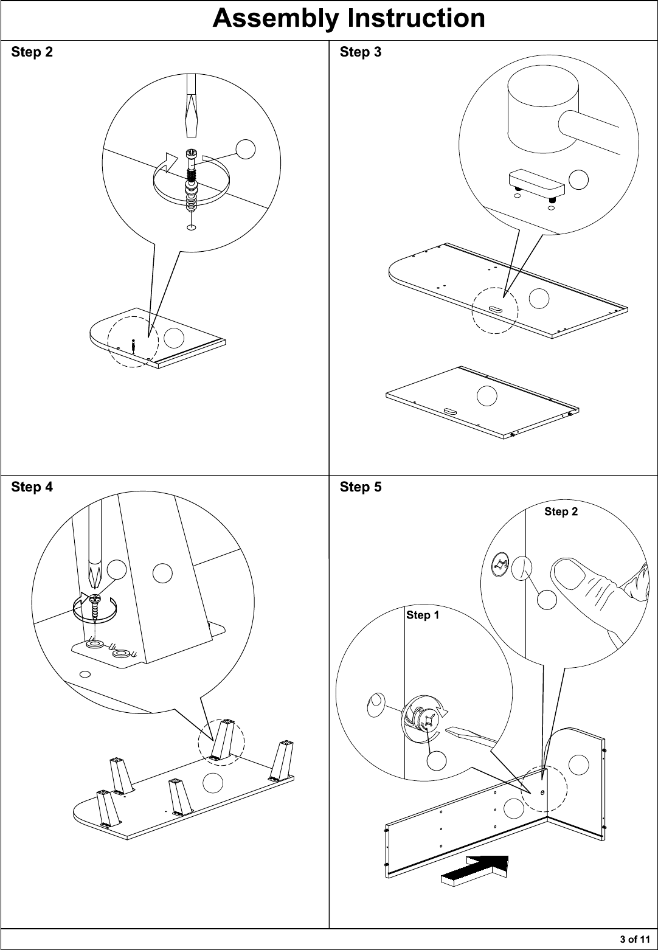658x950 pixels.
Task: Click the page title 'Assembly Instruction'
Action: (x=348, y=19)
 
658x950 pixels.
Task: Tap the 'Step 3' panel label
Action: (x=361, y=52)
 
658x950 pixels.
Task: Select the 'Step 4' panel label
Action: (x=32, y=487)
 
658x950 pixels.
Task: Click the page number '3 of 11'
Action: (x=635, y=939)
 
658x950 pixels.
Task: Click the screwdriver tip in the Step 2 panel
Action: (x=192, y=128)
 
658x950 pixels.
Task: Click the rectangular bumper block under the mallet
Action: (x=537, y=183)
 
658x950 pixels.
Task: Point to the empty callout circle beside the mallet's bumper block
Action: (x=578, y=180)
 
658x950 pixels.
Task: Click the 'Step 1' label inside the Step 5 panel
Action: (x=423, y=615)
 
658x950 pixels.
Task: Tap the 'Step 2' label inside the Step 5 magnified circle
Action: (x=561, y=512)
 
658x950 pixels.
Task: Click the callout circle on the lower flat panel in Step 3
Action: (x=487, y=396)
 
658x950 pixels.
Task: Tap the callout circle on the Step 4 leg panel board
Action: (x=213, y=783)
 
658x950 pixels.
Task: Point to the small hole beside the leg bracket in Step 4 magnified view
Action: (x=85, y=674)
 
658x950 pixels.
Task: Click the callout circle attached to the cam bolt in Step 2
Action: (x=245, y=149)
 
